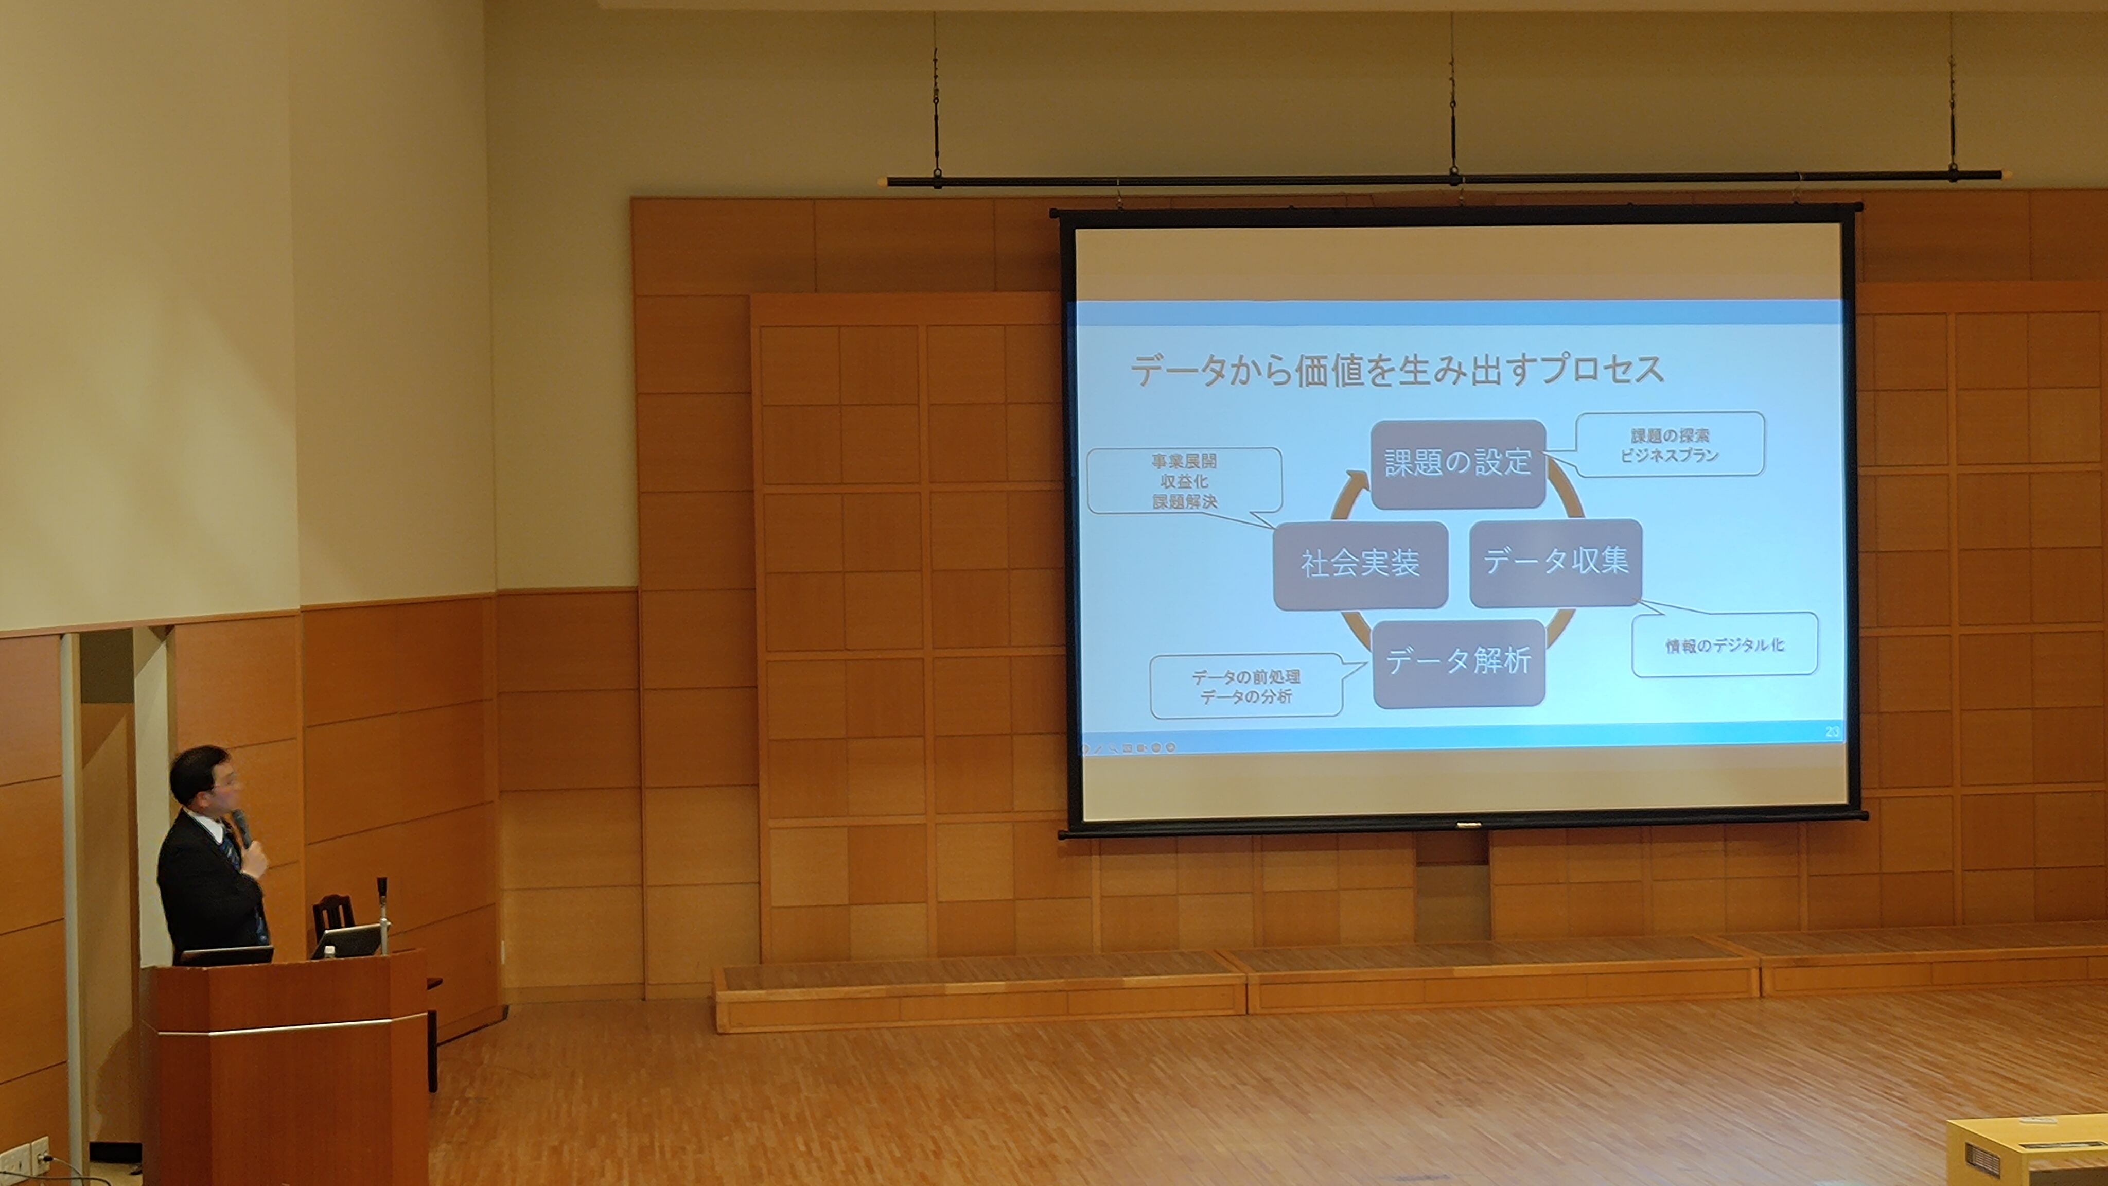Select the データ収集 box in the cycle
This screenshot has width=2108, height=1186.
coord(1556,562)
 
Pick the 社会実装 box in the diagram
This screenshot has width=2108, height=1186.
coord(1360,565)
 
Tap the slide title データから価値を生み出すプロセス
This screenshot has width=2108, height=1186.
coord(1397,369)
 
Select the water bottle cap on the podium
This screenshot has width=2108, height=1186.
coord(328,952)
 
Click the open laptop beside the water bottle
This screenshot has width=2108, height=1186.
coord(346,941)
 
